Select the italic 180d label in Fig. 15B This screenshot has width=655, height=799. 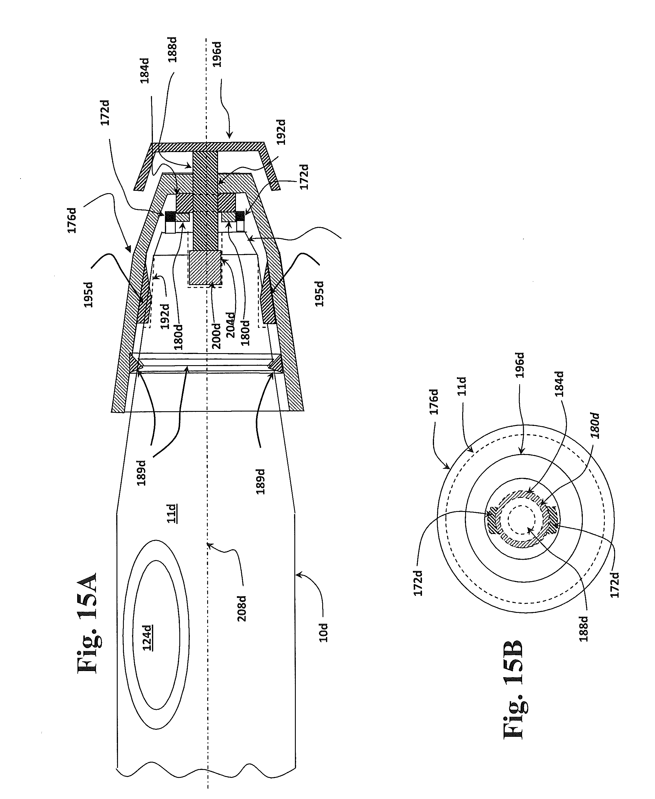[x=595, y=426]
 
